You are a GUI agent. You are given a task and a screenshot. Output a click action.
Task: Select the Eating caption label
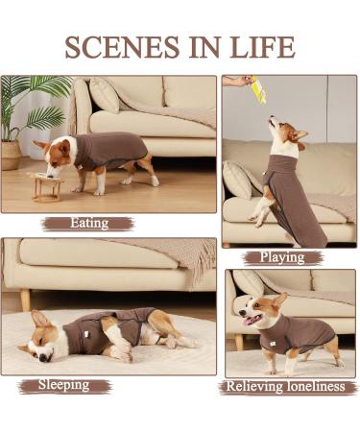(88, 224)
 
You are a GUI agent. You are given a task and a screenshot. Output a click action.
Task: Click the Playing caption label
(281, 256)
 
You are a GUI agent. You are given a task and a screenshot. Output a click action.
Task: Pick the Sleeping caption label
(64, 385)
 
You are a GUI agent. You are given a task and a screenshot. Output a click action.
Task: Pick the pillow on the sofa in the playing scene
(237, 179)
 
